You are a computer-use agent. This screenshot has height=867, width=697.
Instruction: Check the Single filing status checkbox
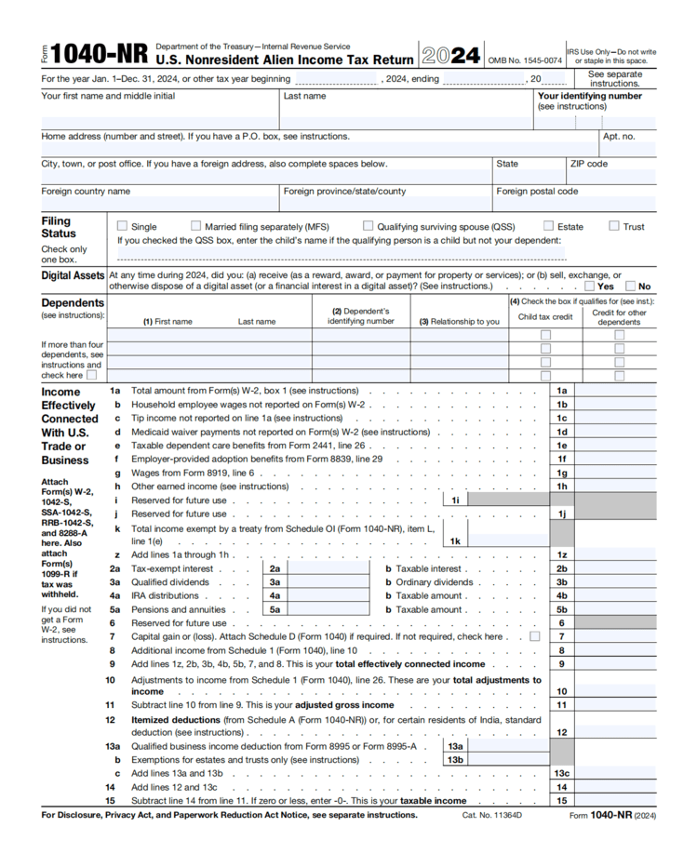coord(122,226)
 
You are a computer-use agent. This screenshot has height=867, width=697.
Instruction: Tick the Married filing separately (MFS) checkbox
coord(195,226)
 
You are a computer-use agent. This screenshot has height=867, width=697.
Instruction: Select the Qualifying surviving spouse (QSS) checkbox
coord(369,226)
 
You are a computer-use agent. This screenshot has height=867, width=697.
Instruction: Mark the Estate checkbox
coord(549,226)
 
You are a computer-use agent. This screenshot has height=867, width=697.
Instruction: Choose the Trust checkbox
coord(614,226)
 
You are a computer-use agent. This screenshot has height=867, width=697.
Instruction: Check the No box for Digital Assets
coord(632,287)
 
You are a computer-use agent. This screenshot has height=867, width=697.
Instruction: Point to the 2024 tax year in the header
coord(451,55)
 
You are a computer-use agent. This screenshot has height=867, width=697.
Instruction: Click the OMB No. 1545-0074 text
coord(525,61)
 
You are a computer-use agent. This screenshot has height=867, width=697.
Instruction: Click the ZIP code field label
coord(588,164)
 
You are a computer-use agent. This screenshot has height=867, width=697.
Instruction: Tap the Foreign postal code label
coord(537,192)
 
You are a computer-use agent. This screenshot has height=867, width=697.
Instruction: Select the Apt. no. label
coord(619,137)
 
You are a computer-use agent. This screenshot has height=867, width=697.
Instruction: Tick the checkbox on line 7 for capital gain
coord(534,637)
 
